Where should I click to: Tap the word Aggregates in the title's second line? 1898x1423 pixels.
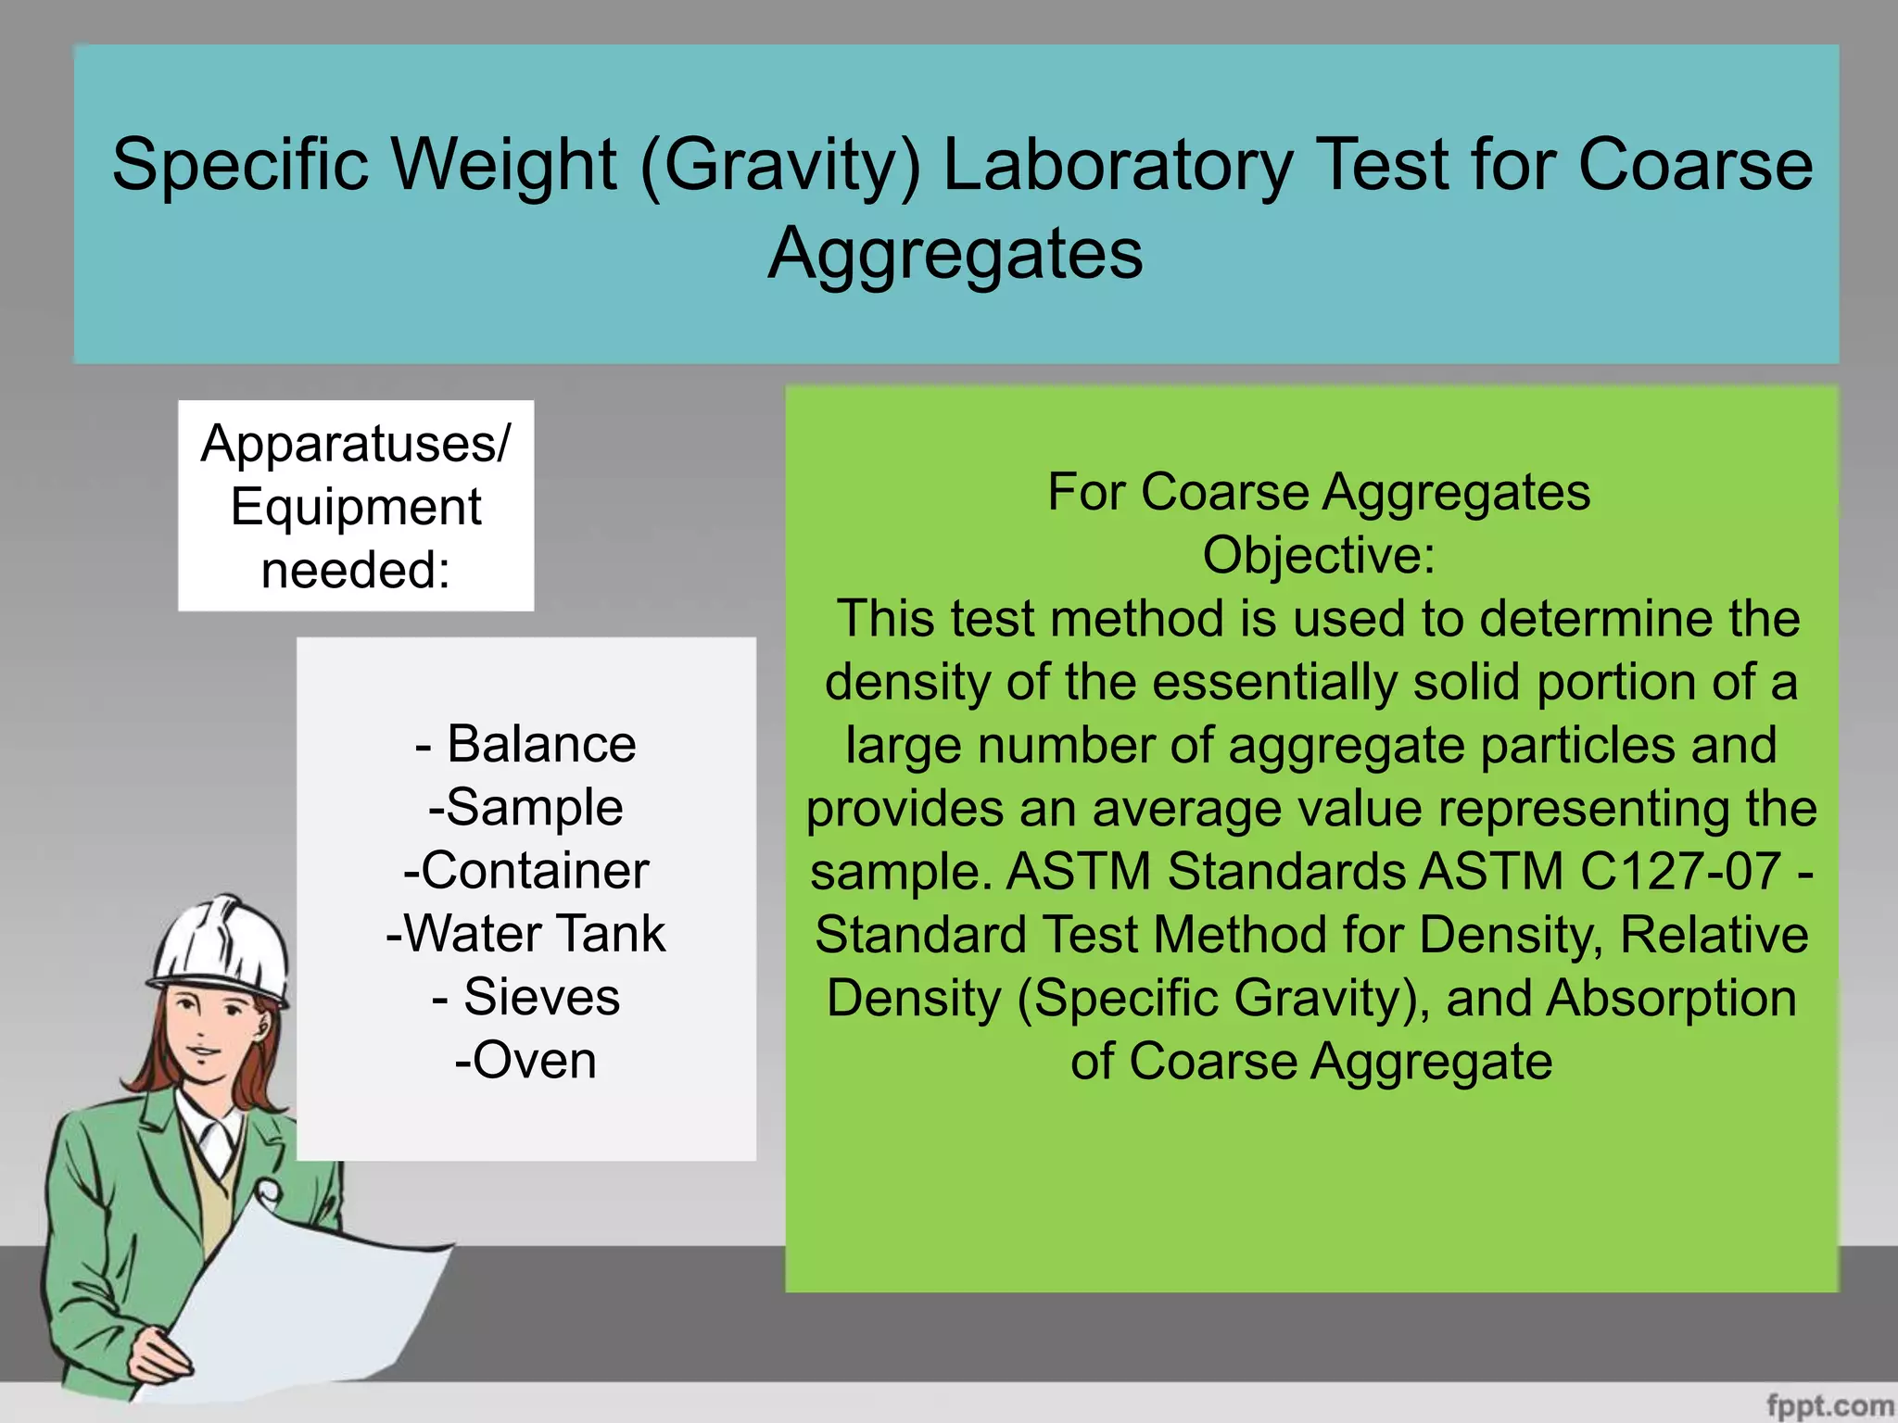(955, 254)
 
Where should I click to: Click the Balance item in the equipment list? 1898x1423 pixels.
(540, 745)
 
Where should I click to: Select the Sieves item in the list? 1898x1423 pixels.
(540, 998)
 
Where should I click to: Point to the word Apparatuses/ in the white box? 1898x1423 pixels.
(356, 444)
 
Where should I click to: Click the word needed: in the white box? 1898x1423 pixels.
(356, 570)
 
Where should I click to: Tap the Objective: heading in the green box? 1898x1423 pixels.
(1318, 556)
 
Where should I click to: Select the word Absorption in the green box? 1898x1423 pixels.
(1671, 999)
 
